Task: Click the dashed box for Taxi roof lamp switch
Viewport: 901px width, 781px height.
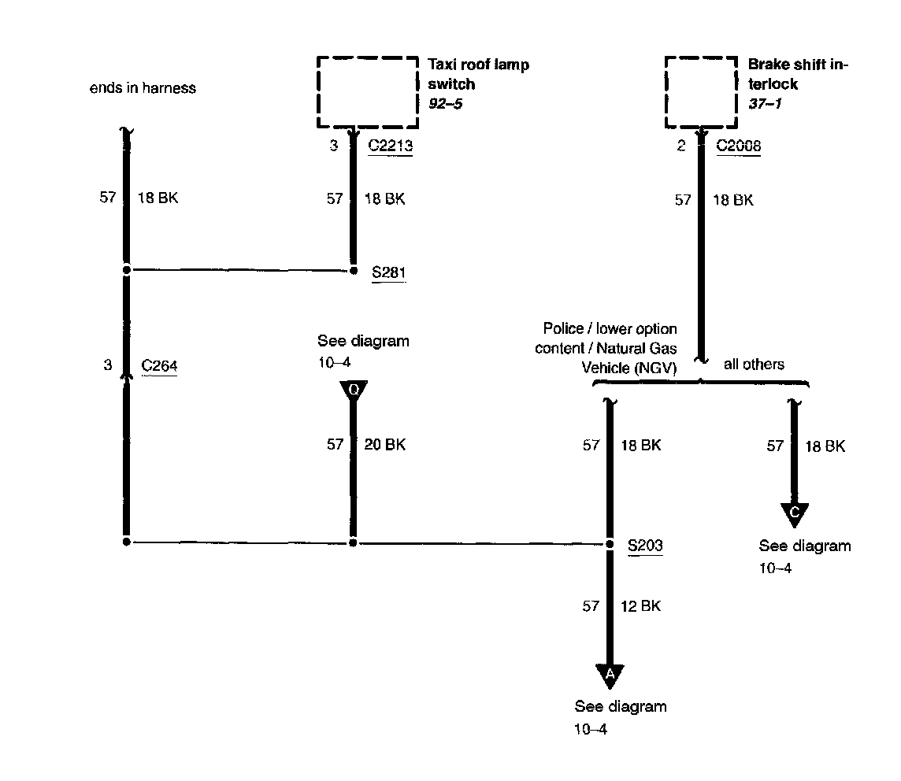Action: pyautogui.click(x=367, y=91)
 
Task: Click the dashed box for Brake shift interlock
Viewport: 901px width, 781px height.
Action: pyautogui.click(x=702, y=91)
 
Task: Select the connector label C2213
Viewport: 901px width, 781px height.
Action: pyautogui.click(x=391, y=146)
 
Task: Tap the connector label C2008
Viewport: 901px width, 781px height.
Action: pyautogui.click(x=738, y=146)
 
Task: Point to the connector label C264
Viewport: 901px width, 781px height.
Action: pyautogui.click(x=159, y=365)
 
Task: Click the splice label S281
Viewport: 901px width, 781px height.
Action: pyautogui.click(x=388, y=272)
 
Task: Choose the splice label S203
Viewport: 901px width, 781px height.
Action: pyautogui.click(x=644, y=545)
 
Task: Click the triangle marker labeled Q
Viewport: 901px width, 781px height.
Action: pyautogui.click(x=353, y=390)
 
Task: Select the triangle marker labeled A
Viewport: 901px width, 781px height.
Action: pyautogui.click(x=610, y=675)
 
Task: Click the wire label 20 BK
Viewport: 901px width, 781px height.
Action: pyautogui.click(x=384, y=445)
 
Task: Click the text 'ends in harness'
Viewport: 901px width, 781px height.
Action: pyautogui.click(x=143, y=88)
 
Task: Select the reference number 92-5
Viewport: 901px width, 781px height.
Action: pyautogui.click(x=445, y=104)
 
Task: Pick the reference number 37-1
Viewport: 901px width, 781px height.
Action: pyautogui.click(x=765, y=104)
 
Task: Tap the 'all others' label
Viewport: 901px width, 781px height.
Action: pyautogui.click(x=754, y=365)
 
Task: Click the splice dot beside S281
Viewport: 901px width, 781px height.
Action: pyautogui.click(x=353, y=271)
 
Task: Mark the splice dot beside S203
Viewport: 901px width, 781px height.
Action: pyautogui.click(x=610, y=543)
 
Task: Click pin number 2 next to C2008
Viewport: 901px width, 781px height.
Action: pyautogui.click(x=681, y=146)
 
